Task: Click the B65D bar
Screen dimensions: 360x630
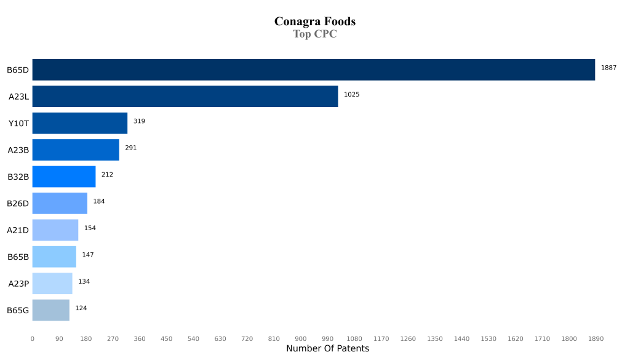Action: point(313,70)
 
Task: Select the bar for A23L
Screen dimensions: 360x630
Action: point(185,96)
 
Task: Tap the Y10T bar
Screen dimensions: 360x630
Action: point(79,123)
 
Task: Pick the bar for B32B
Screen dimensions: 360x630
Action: point(63,177)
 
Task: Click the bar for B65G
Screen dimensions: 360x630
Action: point(50,310)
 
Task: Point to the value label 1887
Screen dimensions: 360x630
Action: point(608,68)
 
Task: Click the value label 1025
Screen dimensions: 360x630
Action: point(351,95)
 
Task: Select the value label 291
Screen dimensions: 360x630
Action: point(130,148)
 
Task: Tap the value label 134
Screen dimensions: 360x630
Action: point(84,281)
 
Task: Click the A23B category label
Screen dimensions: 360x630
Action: point(18,150)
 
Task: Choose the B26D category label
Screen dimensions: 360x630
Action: point(18,204)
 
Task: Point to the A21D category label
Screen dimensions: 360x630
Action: point(18,230)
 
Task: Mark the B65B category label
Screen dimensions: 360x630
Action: point(18,257)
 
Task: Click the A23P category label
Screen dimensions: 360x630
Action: point(18,284)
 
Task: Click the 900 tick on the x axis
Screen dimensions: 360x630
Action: point(300,338)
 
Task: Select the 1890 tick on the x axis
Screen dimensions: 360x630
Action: point(596,338)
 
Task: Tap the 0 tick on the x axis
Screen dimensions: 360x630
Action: point(33,338)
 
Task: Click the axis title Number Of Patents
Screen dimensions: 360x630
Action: point(327,349)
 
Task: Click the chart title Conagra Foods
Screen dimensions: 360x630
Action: point(314,22)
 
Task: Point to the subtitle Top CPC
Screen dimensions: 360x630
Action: point(314,34)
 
